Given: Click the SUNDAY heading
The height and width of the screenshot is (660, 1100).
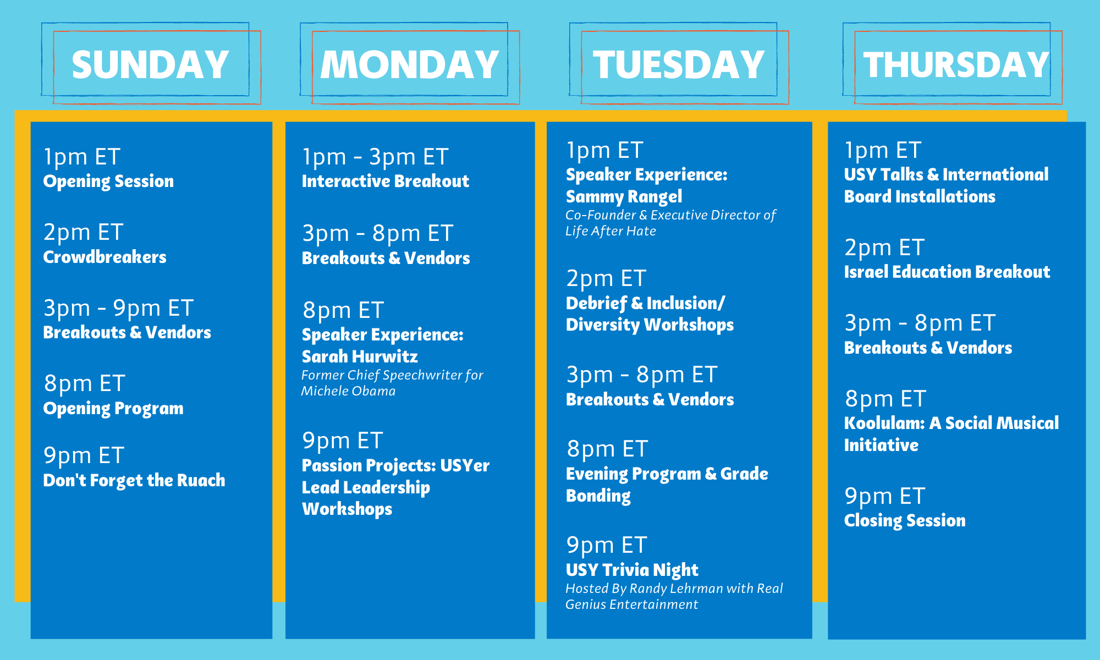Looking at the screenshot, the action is point(150,65).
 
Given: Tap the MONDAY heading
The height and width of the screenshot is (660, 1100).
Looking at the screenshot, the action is point(410,65).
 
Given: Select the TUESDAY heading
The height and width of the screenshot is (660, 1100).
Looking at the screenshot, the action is point(679,65).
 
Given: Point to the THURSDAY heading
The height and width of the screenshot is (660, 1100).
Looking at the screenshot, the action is point(956,65).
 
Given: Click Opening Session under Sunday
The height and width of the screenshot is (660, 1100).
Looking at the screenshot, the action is point(108,182).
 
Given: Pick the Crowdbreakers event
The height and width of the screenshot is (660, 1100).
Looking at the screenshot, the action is point(105,257).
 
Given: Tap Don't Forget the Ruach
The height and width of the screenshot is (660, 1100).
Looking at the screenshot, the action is point(134,480).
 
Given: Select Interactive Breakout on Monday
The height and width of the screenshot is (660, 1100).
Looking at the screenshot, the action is point(386,181).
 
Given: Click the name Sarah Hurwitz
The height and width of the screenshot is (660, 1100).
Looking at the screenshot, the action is point(360,356).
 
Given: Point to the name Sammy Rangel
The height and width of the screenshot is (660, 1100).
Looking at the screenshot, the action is point(624,197).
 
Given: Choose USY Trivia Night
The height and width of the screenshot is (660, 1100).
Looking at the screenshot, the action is point(632,570).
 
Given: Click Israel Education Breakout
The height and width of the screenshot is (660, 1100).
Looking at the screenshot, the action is point(947,272).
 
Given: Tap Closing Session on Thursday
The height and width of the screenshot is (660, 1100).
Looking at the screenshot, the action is point(905,521).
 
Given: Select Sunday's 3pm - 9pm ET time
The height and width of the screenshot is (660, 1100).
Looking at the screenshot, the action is point(118,308).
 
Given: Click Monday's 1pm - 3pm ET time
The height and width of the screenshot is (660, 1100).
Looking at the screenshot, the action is point(375,157).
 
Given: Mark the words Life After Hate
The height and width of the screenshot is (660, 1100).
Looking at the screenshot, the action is point(610,231).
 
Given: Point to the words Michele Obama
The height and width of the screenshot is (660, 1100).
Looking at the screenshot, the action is point(348,391).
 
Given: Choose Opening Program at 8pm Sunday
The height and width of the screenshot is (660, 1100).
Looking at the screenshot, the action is point(113,409).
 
